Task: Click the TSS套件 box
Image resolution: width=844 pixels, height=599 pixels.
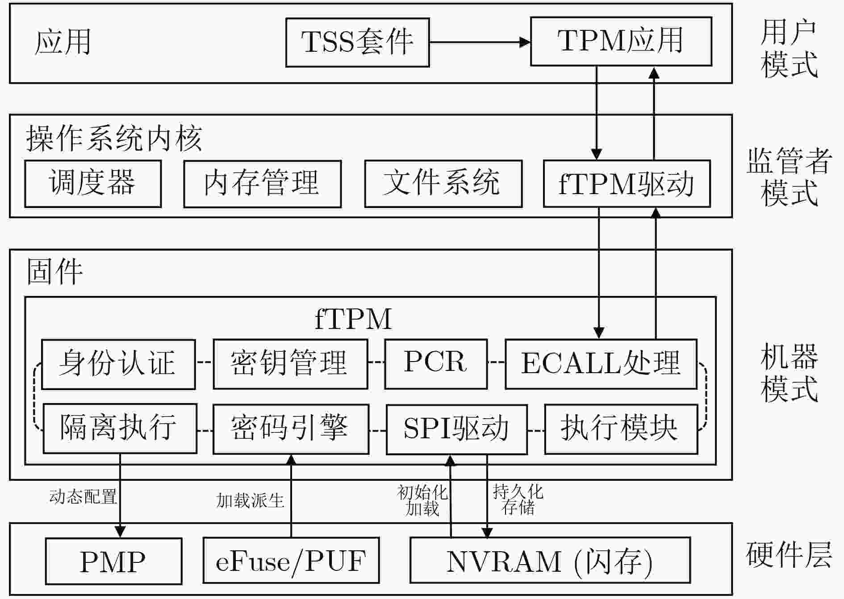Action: (357, 42)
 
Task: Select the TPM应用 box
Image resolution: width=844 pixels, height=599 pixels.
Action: (621, 42)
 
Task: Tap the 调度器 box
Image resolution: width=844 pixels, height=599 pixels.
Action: (93, 184)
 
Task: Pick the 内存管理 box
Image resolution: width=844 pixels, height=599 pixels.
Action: (263, 184)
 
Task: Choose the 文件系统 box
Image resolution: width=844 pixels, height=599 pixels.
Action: (443, 184)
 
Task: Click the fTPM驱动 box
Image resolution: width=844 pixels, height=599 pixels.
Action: (627, 184)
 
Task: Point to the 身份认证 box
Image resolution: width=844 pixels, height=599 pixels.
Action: (118, 364)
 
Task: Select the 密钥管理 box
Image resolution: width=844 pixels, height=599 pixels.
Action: (290, 364)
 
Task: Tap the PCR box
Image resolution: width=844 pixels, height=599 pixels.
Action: (436, 364)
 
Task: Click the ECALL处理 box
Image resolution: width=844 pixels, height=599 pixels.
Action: (601, 364)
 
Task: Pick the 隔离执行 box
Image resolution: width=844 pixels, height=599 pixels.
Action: (120, 429)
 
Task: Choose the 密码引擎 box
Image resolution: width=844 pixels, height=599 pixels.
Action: (291, 429)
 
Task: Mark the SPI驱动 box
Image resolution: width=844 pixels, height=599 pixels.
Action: (457, 429)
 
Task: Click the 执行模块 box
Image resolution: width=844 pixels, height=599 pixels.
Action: (621, 429)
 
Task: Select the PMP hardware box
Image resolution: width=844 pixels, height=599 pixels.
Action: (113, 561)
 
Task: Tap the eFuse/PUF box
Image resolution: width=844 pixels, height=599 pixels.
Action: (291, 561)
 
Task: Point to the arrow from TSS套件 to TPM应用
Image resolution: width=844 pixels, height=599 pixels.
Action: (480, 42)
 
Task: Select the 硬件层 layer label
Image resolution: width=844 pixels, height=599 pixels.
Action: (789, 555)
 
